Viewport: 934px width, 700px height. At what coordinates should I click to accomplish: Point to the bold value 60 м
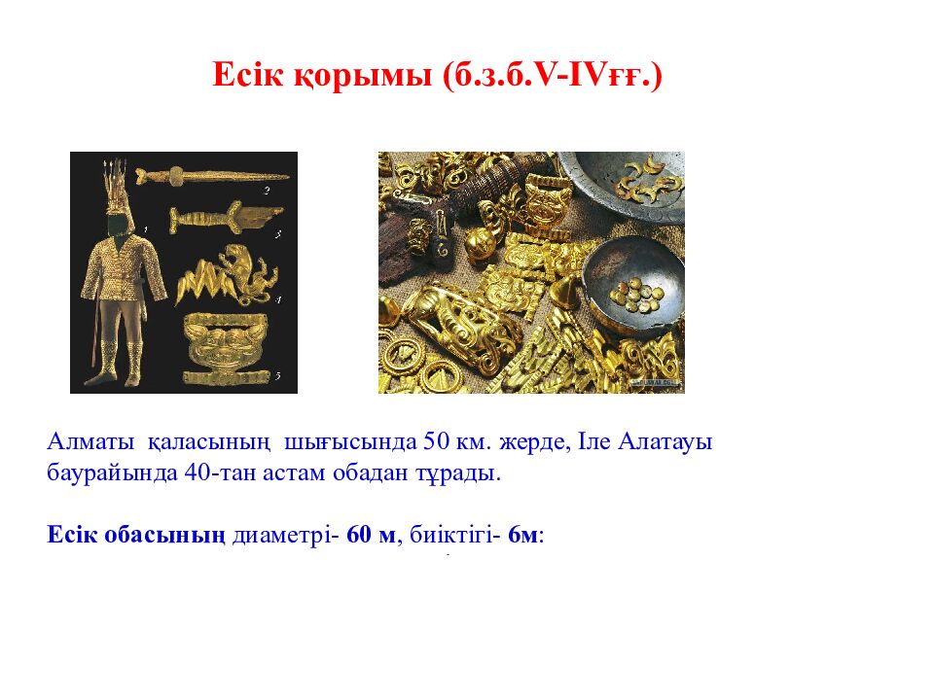tap(372, 536)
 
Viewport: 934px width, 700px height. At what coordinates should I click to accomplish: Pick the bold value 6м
tap(521, 536)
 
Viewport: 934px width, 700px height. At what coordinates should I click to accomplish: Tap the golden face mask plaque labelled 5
tap(228, 346)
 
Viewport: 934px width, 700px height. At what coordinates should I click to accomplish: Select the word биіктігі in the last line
tap(453, 536)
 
